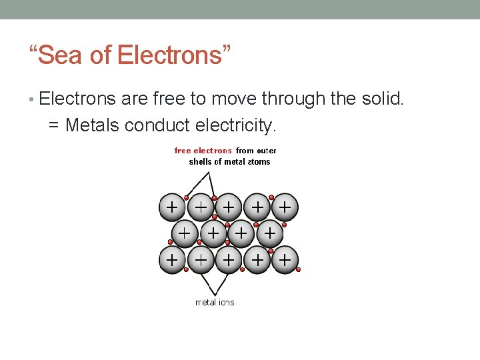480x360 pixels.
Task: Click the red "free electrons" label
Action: [203, 151]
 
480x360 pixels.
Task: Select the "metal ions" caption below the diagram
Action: [215, 303]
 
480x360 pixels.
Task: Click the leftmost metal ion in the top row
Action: [172, 207]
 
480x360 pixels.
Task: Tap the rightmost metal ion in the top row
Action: [285, 207]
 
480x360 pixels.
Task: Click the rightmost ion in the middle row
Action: [269, 233]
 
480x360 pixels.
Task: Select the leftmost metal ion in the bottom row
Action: [172, 259]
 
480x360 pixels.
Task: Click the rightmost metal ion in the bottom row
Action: [285, 259]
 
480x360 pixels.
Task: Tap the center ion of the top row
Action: [228, 207]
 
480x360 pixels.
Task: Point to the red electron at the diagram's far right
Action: [299, 270]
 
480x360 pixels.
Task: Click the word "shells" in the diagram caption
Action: [200, 161]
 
